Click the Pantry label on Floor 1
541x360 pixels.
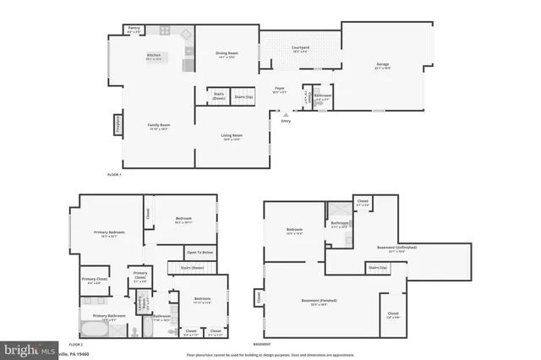134,30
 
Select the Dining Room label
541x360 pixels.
227,54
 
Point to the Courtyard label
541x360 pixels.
299,49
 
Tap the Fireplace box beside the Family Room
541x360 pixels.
117,125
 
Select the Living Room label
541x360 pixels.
232,137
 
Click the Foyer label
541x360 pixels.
279,90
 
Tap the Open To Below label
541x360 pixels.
199,253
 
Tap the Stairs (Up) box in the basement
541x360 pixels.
378,268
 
